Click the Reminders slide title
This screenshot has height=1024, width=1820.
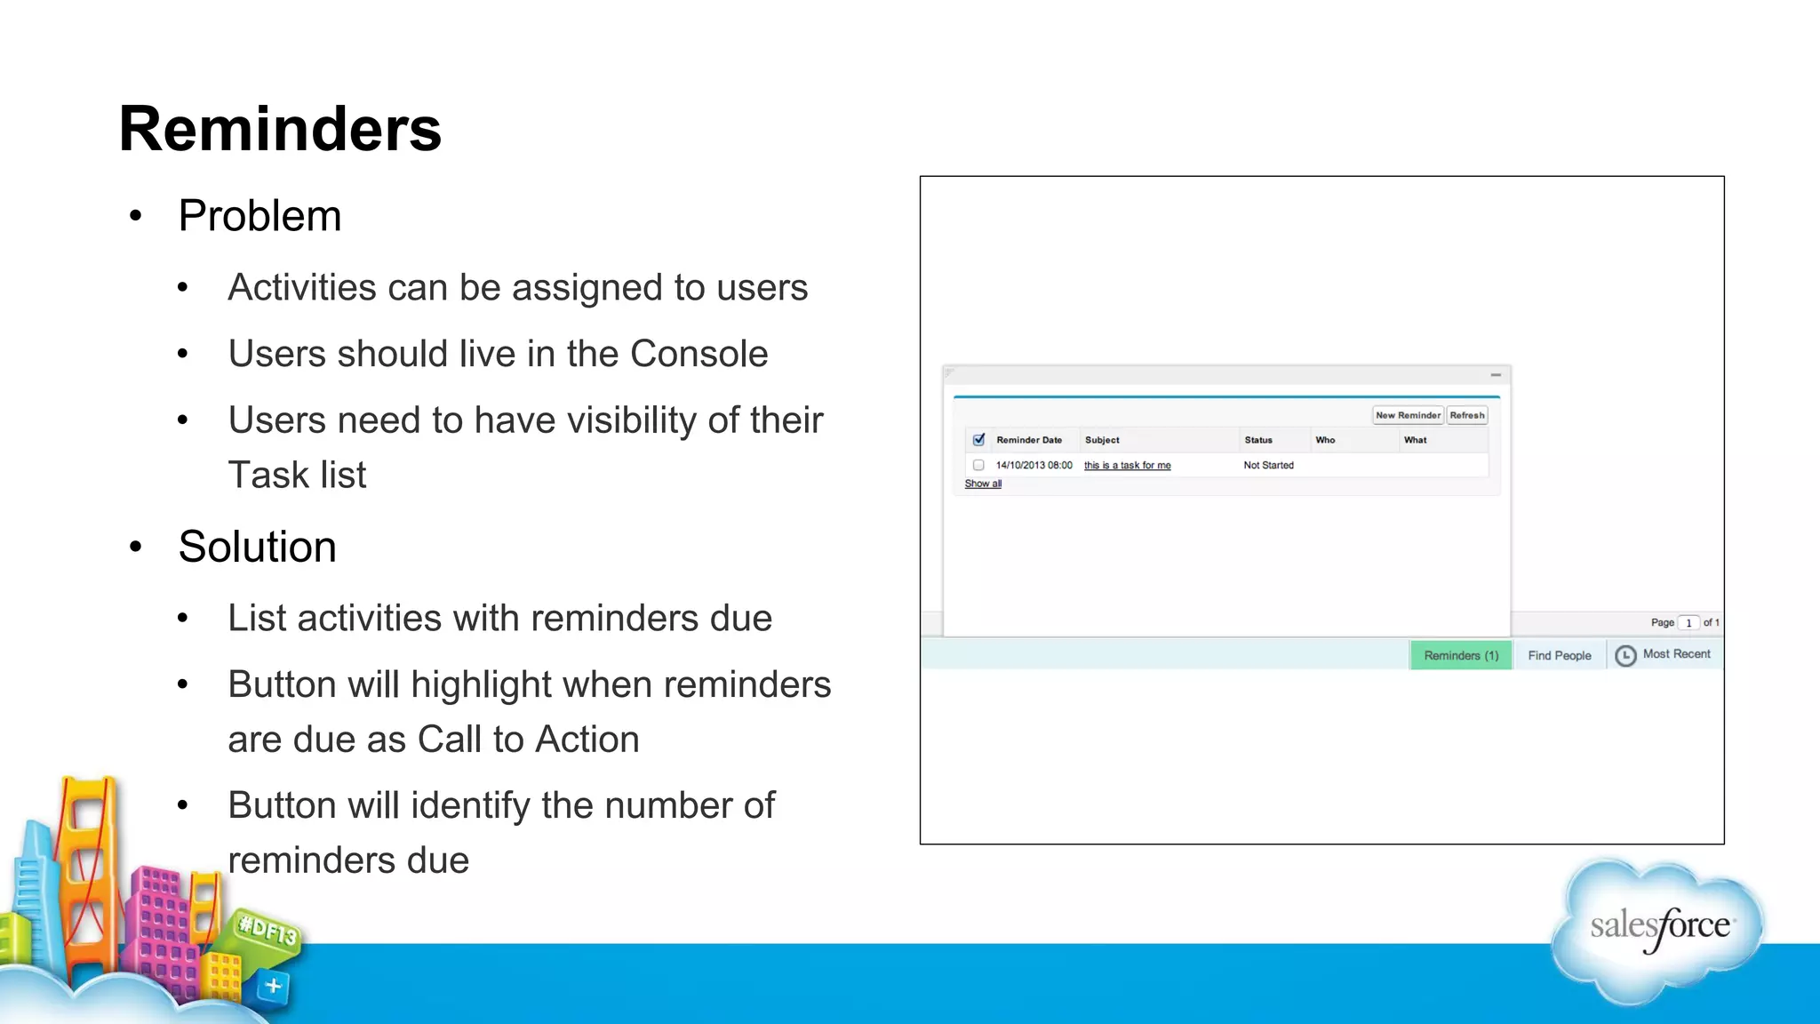pos(280,129)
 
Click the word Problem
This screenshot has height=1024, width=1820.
pos(259,216)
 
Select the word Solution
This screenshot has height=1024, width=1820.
pos(257,547)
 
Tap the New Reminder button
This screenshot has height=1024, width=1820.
pos(1408,415)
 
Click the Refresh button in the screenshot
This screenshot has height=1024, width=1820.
pos(1467,415)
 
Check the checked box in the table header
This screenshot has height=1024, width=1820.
pos(978,440)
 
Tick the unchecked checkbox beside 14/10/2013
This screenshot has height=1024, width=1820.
pos(978,465)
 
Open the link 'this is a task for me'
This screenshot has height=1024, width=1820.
pos(1127,465)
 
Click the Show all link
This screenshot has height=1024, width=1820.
pos(983,484)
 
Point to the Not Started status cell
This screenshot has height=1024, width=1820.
pos(1268,465)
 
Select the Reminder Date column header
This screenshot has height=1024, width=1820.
pos(1029,440)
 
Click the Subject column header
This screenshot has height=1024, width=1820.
pos(1102,440)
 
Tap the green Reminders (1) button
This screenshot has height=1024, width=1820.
pos(1461,655)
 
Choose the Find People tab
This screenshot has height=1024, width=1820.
pos(1560,655)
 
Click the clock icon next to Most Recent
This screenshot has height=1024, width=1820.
pos(1625,655)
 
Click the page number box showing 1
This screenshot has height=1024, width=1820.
pos(1688,623)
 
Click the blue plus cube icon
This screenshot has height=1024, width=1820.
pos(273,986)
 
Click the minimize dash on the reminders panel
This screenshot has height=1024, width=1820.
pos(1496,375)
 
